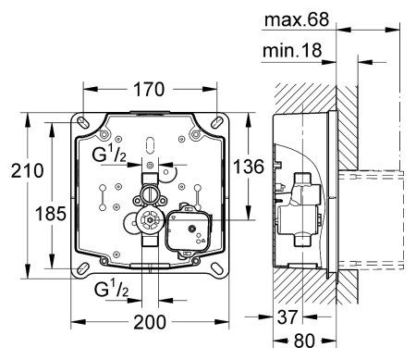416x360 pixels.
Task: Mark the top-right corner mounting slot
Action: click(x=220, y=123)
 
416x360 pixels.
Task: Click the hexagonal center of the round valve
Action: click(x=145, y=222)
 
